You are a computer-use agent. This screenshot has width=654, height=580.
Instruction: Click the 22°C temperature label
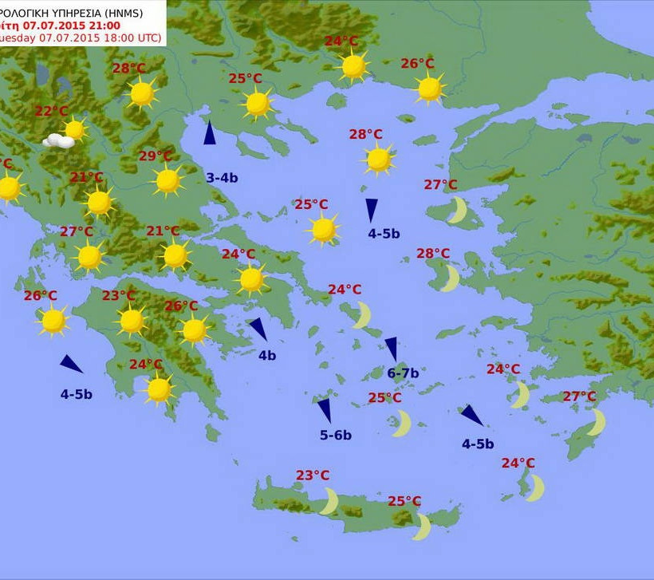(51, 111)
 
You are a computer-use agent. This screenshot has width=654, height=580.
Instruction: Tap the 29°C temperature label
(156, 156)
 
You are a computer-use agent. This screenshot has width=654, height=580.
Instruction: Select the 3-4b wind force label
(222, 177)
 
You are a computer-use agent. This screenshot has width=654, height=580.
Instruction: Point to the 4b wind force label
(266, 355)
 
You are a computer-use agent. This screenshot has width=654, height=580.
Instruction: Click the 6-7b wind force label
(403, 373)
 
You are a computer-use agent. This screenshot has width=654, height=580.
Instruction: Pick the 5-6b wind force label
(336, 435)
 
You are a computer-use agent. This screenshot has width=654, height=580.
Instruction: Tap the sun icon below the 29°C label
(167, 181)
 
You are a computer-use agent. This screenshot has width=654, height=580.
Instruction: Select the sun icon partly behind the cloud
(75, 129)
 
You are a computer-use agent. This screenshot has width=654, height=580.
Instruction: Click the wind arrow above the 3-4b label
(209, 132)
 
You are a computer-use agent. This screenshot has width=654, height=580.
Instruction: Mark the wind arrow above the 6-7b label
(392, 349)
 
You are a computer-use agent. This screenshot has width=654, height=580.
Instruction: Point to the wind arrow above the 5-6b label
(325, 410)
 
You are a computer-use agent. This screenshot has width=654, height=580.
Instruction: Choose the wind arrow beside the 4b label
(258, 329)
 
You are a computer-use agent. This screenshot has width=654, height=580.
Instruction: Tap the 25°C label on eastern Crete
(404, 501)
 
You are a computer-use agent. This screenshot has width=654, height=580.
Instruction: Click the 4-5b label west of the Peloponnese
(77, 393)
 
